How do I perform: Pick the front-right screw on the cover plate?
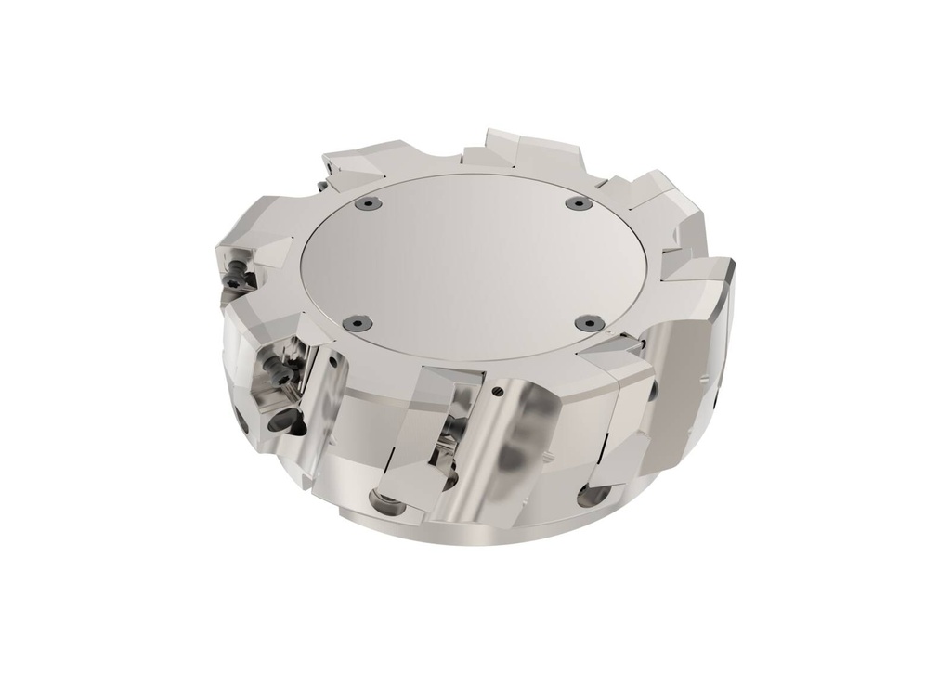pos(583,321)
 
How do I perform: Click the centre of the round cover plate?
pos(469,260)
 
